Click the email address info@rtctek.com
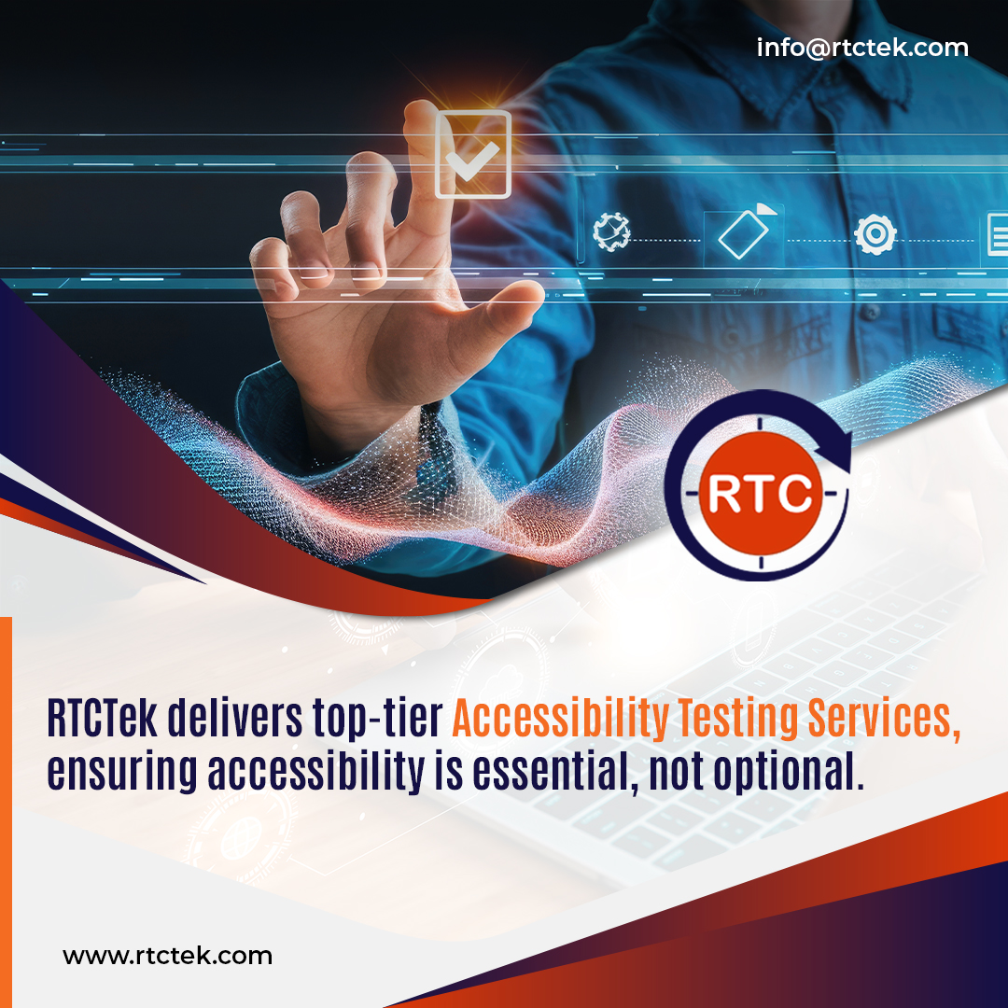[862, 48]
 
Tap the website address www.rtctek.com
[167, 956]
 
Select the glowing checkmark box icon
[474, 154]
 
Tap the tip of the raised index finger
[421, 117]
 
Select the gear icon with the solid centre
[875, 233]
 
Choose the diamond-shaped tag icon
[743, 234]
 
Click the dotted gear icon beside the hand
[611, 231]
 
